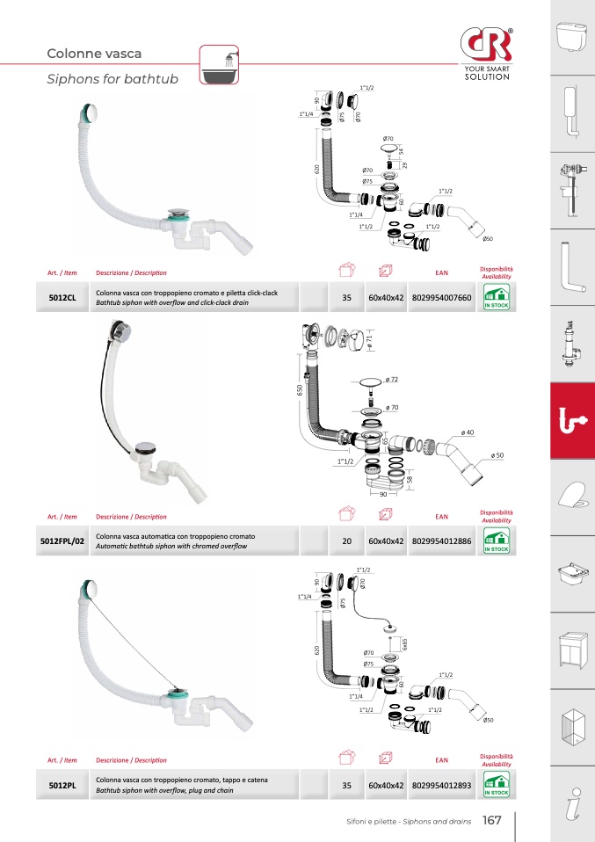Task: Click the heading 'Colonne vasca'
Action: [x=94, y=54]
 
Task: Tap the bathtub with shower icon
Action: [x=219, y=65]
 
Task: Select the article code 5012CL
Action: [x=62, y=297]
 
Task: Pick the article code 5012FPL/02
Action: [x=62, y=541]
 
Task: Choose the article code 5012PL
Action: [x=62, y=785]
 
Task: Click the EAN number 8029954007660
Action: [x=441, y=297]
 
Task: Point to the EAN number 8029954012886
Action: [x=441, y=541]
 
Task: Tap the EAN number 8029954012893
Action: [x=441, y=785]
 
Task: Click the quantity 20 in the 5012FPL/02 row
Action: [x=347, y=541]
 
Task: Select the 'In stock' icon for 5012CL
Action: [x=497, y=297]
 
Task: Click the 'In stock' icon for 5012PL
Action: [x=497, y=785]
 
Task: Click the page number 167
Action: [x=491, y=820]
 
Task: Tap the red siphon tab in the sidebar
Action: [x=572, y=420]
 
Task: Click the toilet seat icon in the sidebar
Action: [x=572, y=496]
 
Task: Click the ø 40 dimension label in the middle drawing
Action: [x=468, y=432]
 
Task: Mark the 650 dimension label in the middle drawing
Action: [x=300, y=389]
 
